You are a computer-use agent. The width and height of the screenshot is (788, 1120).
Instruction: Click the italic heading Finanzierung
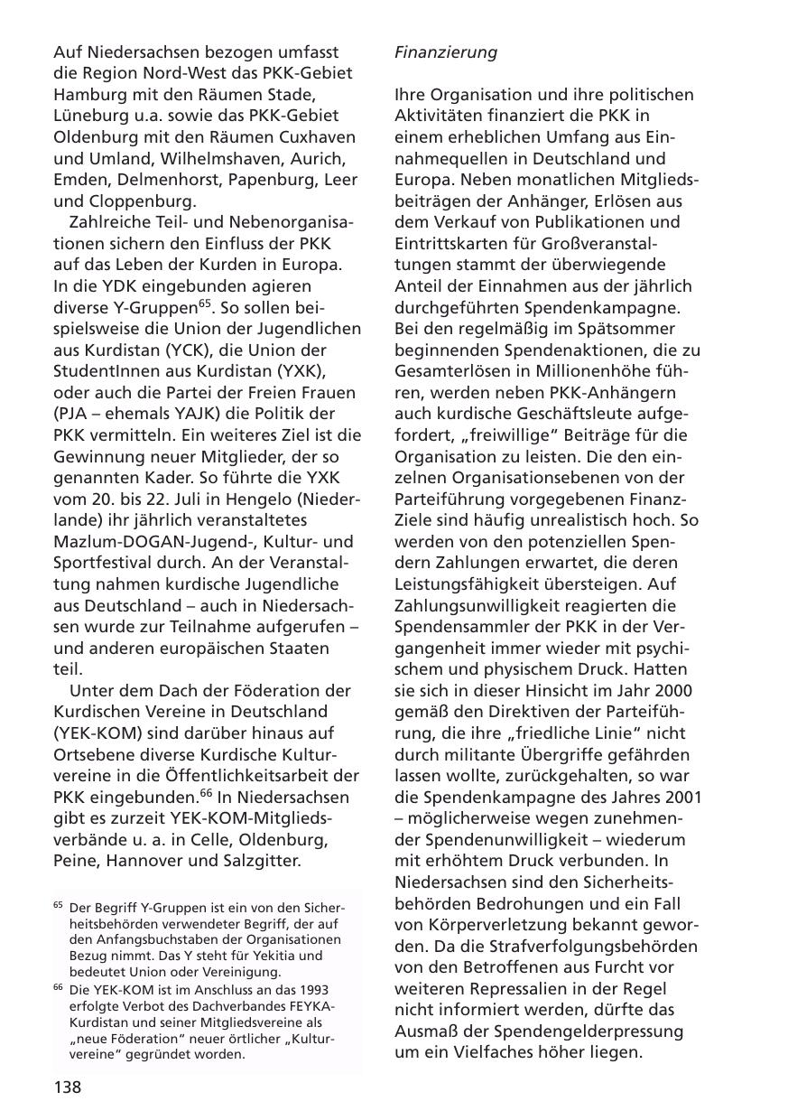click(x=446, y=52)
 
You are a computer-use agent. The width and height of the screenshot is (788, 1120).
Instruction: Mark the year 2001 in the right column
click(x=683, y=797)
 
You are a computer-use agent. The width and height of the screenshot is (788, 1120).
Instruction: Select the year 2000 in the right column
click(x=675, y=690)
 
